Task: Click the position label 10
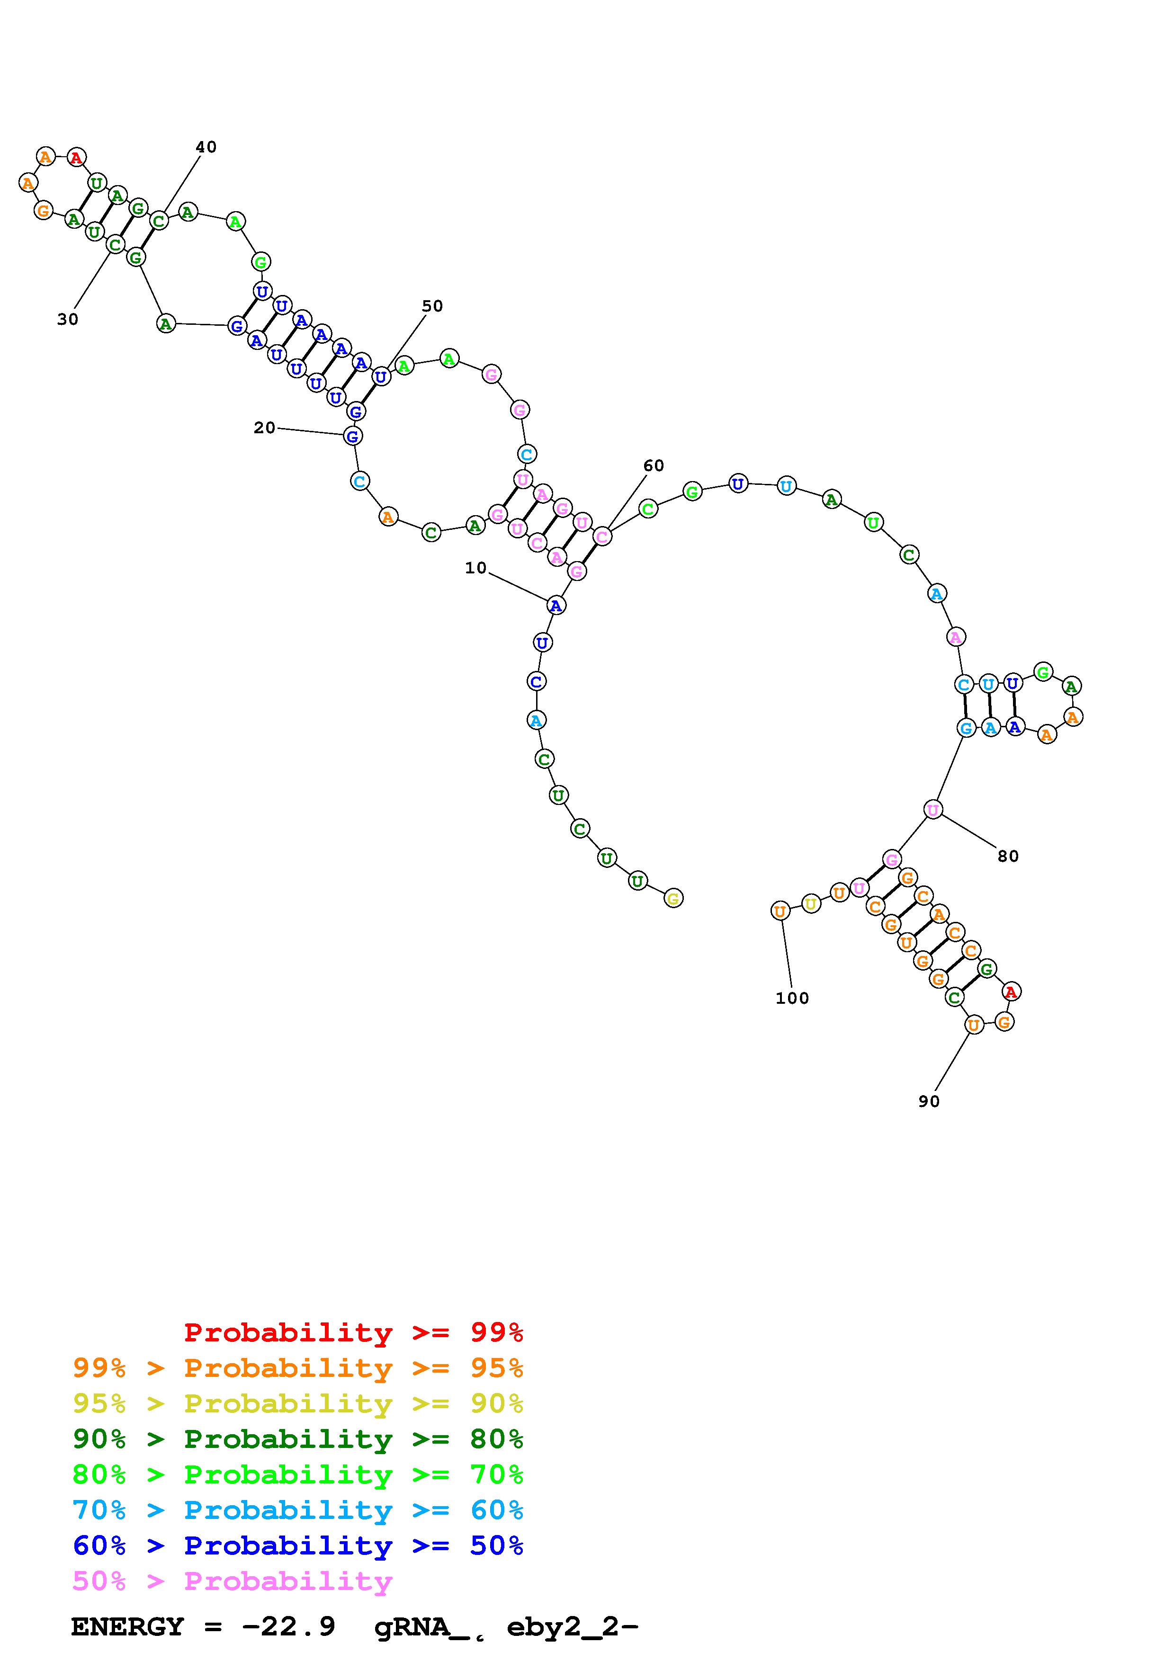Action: click(x=475, y=568)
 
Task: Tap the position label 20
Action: click(x=264, y=428)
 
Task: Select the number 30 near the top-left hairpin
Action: click(x=67, y=319)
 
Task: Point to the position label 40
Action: click(x=206, y=147)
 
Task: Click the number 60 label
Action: click(x=653, y=465)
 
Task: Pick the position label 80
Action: click(x=1008, y=856)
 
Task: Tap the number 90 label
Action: click(x=929, y=1101)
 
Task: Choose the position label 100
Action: click(x=792, y=998)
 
